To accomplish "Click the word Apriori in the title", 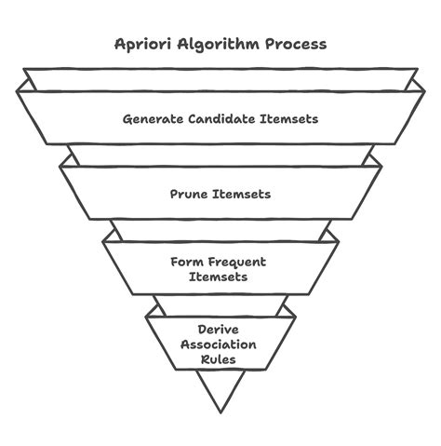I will (140, 44).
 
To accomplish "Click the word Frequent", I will (235, 262).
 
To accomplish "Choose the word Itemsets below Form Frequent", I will (220, 277).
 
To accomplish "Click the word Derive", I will (220, 330).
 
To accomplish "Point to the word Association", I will (220, 345).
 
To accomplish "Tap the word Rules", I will (220, 359).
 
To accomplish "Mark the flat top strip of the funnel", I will (220, 74).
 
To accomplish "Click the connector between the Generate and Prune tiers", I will (220, 155).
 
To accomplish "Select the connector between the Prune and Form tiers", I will (220, 229).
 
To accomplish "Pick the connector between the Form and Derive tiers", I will (220, 304).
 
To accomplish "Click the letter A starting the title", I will (118, 43).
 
